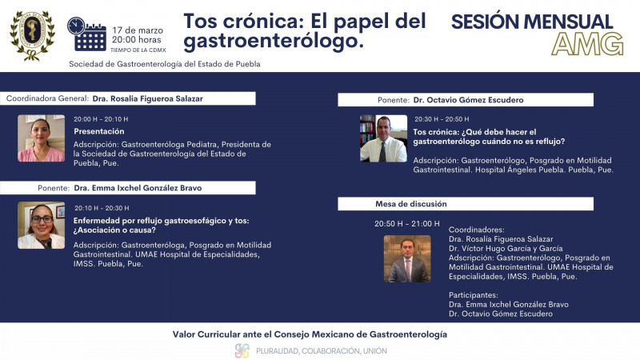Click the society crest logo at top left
(32, 34)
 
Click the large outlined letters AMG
(588, 43)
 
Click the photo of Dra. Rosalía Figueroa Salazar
(41, 138)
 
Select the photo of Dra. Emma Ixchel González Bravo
(41, 225)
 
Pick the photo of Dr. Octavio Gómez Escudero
(383, 138)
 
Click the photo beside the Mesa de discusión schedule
(407, 258)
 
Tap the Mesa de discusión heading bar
(465, 204)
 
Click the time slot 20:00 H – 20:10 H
(101, 119)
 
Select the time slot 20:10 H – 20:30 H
(101, 207)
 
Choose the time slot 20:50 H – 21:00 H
(407, 224)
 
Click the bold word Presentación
(99, 131)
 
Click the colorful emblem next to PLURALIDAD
(242, 350)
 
